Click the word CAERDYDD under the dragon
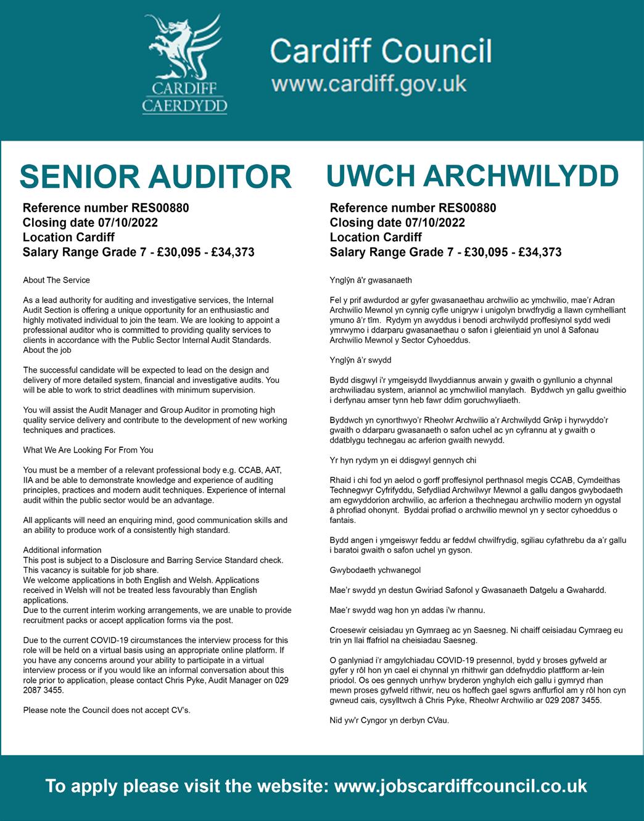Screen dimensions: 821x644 click(184, 105)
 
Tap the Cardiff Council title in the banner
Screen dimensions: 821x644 click(381, 51)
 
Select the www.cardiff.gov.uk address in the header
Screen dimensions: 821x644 click(369, 84)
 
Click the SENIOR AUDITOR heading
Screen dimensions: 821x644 click(155, 177)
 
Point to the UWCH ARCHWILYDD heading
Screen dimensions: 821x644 click(472, 176)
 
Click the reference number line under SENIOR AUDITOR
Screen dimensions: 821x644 click(105, 208)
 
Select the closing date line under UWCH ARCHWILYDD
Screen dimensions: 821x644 click(397, 223)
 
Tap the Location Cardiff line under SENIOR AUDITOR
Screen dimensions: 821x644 click(68, 237)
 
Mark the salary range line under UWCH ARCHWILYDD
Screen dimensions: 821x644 click(445, 252)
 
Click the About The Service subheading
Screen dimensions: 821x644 click(56, 280)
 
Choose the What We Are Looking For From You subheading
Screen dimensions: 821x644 click(88, 450)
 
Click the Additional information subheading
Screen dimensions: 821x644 click(62, 550)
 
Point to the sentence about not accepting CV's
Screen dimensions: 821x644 click(107, 710)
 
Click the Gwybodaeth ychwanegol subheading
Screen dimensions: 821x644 click(375, 570)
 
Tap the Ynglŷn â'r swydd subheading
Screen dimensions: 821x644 click(361, 360)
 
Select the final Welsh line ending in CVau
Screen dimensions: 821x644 click(389, 720)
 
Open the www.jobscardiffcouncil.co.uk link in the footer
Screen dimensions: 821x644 click(460, 786)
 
